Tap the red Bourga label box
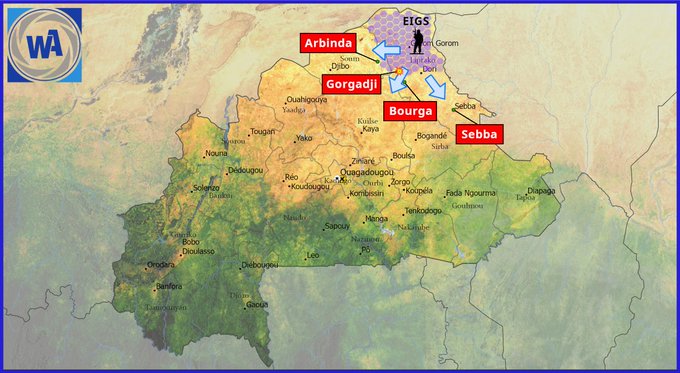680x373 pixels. (x=410, y=111)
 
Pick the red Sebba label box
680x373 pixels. (x=478, y=134)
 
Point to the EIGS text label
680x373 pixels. (x=416, y=20)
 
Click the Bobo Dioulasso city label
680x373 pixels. (x=198, y=247)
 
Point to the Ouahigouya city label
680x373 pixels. (x=307, y=100)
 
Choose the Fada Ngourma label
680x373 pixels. (x=471, y=193)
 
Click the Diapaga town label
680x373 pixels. (x=541, y=190)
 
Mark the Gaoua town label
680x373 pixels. (x=257, y=304)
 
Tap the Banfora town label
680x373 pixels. (x=170, y=286)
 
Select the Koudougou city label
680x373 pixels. (x=310, y=187)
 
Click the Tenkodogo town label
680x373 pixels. (x=424, y=211)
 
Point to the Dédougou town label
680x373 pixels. (x=245, y=170)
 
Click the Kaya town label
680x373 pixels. (x=371, y=129)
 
